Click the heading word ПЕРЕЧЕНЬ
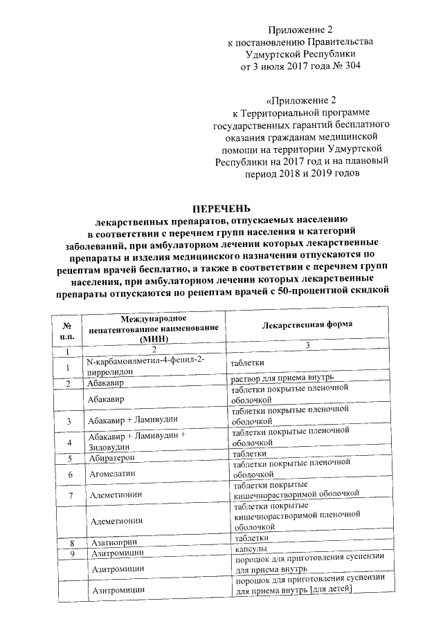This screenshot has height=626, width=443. (x=221, y=209)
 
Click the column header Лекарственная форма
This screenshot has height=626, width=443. (x=307, y=324)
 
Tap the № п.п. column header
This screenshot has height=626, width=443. (x=68, y=330)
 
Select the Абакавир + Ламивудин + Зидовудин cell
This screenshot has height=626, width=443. (x=138, y=443)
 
